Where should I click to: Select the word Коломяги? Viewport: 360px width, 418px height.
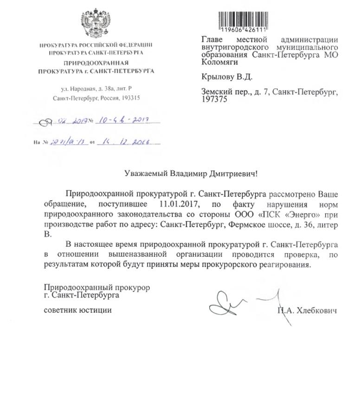click(x=219, y=61)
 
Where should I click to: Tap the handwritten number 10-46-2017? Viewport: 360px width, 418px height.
click(x=122, y=121)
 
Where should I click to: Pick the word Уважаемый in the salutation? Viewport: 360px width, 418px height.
click(x=145, y=174)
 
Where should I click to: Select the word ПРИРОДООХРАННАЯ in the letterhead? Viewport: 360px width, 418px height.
click(x=96, y=62)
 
